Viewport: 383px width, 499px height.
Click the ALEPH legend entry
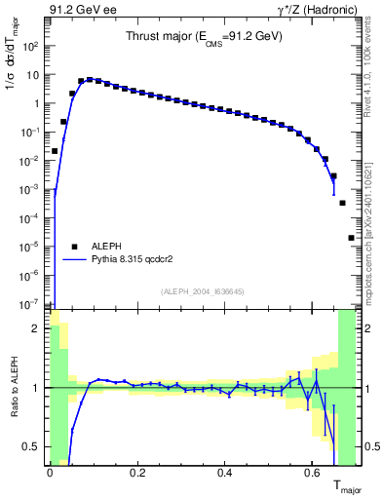pyautogui.click(x=95, y=247)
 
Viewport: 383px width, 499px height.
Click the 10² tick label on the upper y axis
pyautogui.click(x=30, y=46)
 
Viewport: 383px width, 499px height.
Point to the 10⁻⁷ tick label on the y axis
pyautogui.click(x=30, y=304)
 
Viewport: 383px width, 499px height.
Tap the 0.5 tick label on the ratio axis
pyautogui.click(x=33, y=446)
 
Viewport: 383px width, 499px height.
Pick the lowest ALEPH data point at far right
pyautogui.click(x=351, y=238)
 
